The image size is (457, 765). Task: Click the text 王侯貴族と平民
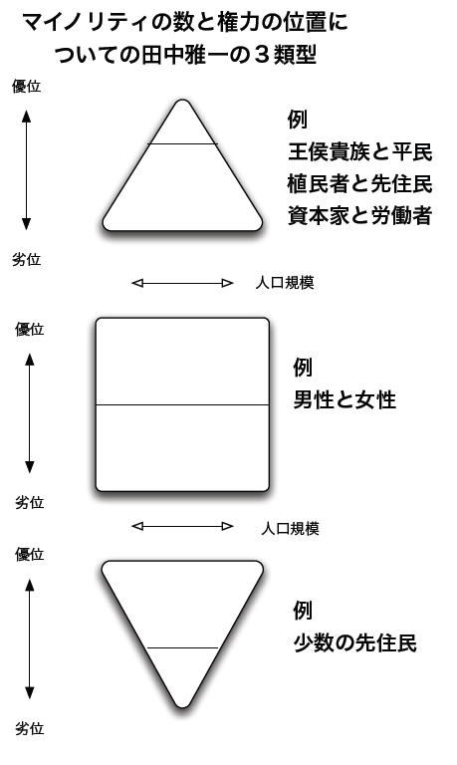click(360, 151)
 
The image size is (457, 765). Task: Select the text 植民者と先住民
click(360, 184)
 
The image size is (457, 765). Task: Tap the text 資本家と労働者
click(360, 215)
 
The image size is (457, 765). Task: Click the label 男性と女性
click(344, 400)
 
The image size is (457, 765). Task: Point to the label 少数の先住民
click(355, 642)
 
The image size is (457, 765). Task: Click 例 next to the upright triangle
click(298, 120)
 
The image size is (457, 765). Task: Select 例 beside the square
click(303, 368)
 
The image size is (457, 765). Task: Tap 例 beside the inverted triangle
click(303, 611)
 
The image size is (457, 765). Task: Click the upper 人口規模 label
click(285, 283)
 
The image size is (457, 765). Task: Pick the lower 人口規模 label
click(290, 528)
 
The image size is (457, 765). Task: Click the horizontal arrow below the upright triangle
click(182, 283)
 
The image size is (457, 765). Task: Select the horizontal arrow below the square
click(182, 526)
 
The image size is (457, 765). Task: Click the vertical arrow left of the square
click(30, 413)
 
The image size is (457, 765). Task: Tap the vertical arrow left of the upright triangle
click(26, 170)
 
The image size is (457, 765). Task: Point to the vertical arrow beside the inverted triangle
click(30, 638)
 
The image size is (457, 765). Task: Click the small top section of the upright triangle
click(182, 127)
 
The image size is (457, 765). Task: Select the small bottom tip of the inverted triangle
click(182, 674)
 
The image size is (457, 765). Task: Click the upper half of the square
click(182, 362)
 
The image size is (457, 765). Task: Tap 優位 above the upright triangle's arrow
click(26, 87)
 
